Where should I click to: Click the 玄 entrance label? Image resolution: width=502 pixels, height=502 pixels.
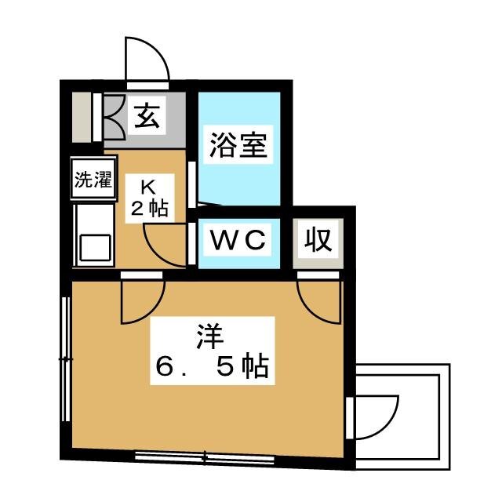[x=147, y=116]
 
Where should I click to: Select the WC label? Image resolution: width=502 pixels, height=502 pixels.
[x=238, y=239]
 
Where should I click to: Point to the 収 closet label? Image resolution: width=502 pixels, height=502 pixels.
[x=318, y=239]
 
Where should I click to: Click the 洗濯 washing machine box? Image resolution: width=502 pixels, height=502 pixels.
[x=93, y=179]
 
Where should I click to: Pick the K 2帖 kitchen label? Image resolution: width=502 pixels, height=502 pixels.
[x=150, y=198]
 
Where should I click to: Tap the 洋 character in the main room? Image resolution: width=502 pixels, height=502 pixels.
[x=211, y=336]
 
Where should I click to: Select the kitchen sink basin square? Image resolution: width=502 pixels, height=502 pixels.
[x=96, y=248]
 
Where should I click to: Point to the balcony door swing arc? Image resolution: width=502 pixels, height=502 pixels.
[x=376, y=417]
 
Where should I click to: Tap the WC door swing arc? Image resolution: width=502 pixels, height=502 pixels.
[x=166, y=246]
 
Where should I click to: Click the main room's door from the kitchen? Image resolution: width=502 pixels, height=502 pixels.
[x=143, y=302]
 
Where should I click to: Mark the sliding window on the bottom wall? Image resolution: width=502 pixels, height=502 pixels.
[x=205, y=457]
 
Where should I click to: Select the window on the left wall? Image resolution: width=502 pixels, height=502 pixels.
[x=66, y=359]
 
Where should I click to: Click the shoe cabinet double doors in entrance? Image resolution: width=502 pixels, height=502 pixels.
[x=114, y=117]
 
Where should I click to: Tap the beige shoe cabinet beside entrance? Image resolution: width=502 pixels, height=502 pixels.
[x=82, y=117]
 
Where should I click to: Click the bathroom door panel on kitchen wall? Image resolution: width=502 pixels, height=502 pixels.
[x=192, y=184]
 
